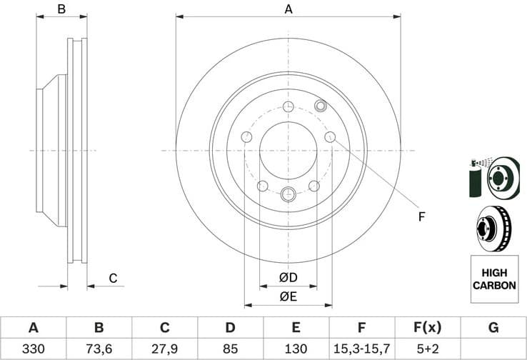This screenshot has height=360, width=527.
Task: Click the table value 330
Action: coord(33,349)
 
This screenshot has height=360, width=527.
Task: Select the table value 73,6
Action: coord(99,349)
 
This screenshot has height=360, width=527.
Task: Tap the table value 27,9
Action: coord(164,349)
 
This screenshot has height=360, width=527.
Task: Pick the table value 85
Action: coord(230,349)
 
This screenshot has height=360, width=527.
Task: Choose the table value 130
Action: coord(296,349)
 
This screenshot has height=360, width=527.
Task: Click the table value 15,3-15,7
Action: coord(361,349)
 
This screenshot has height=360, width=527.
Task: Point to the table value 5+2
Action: coord(427,349)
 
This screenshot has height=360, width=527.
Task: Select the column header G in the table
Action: coord(493,328)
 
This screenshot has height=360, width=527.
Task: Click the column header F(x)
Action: coord(427,328)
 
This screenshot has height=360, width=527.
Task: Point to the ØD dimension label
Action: coord(288,277)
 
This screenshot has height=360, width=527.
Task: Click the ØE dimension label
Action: coord(288,296)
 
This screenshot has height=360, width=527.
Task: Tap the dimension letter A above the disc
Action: coord(288,9)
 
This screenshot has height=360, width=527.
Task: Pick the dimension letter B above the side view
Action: coord(61,9)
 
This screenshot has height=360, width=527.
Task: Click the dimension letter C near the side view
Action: coord(112,279)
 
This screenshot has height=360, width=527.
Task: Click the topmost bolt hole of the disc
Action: coord(288,107)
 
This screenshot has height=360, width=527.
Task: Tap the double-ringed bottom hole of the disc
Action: coord(288,193)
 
